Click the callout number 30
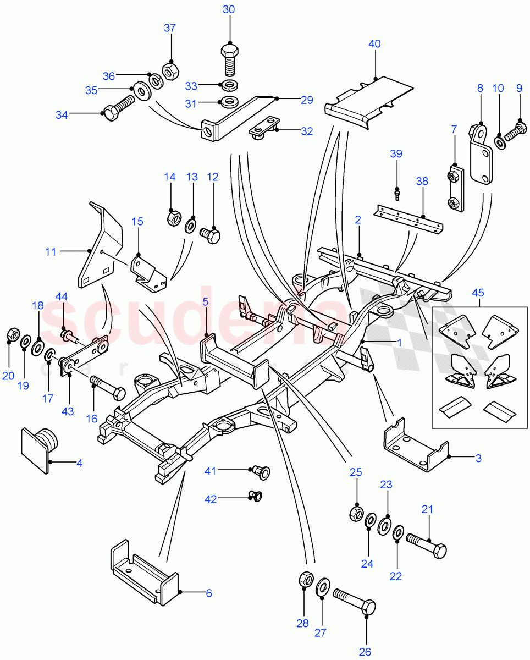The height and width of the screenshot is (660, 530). [x=229, y=9]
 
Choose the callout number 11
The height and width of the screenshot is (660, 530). [x=51, y=252]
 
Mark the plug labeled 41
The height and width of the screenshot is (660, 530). [x=261, y=471]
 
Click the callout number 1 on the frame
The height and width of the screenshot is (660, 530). [x=399, y=342]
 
